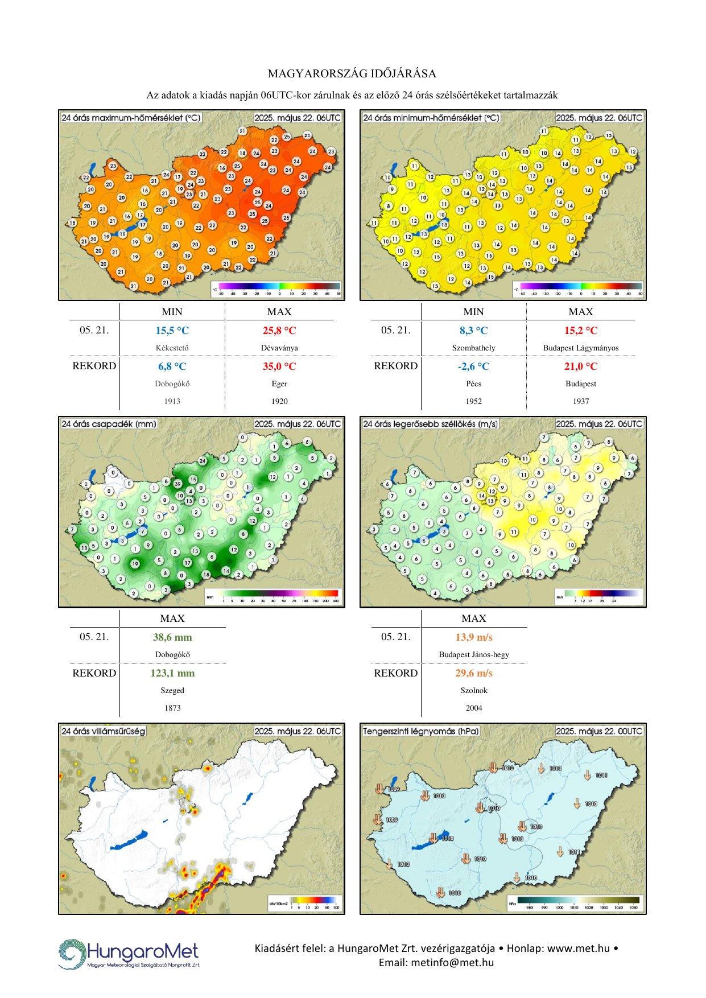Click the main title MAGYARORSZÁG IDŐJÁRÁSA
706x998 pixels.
(352, 73)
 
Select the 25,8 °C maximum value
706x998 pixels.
(279, 331)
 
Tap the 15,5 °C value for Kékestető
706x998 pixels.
(172, 331)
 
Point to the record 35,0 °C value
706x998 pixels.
(279, 366)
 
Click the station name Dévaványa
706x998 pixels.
(279, 348)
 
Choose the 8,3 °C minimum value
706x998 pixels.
(473, 331)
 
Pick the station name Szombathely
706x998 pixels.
(473, 348)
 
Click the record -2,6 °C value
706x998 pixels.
(473, 366)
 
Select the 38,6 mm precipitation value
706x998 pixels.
(172, 637)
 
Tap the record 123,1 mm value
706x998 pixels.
(172, 673)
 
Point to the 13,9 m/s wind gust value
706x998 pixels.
(473, 637)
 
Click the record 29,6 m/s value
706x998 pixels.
(473, 673)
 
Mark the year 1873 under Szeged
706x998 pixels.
(172, 708)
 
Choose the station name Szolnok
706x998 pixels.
(473, 690)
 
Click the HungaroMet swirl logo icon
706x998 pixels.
(72, 954)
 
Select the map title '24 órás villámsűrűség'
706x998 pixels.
(103, 731)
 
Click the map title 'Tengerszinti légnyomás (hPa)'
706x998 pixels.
(421, 731)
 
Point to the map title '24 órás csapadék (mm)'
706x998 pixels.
(109, 424)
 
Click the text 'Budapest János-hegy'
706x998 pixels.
(473, 654)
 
